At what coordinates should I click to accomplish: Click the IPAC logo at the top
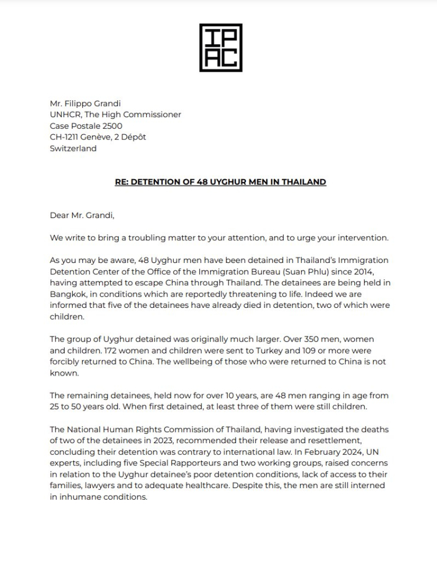[x=220, y=48]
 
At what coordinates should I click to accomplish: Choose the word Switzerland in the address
[x=73, y=148]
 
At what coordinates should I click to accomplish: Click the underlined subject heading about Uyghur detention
[x=220, y=182]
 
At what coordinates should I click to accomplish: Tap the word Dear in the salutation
[x=61, y=215]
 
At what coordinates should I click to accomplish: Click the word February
[x=319, y=451]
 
